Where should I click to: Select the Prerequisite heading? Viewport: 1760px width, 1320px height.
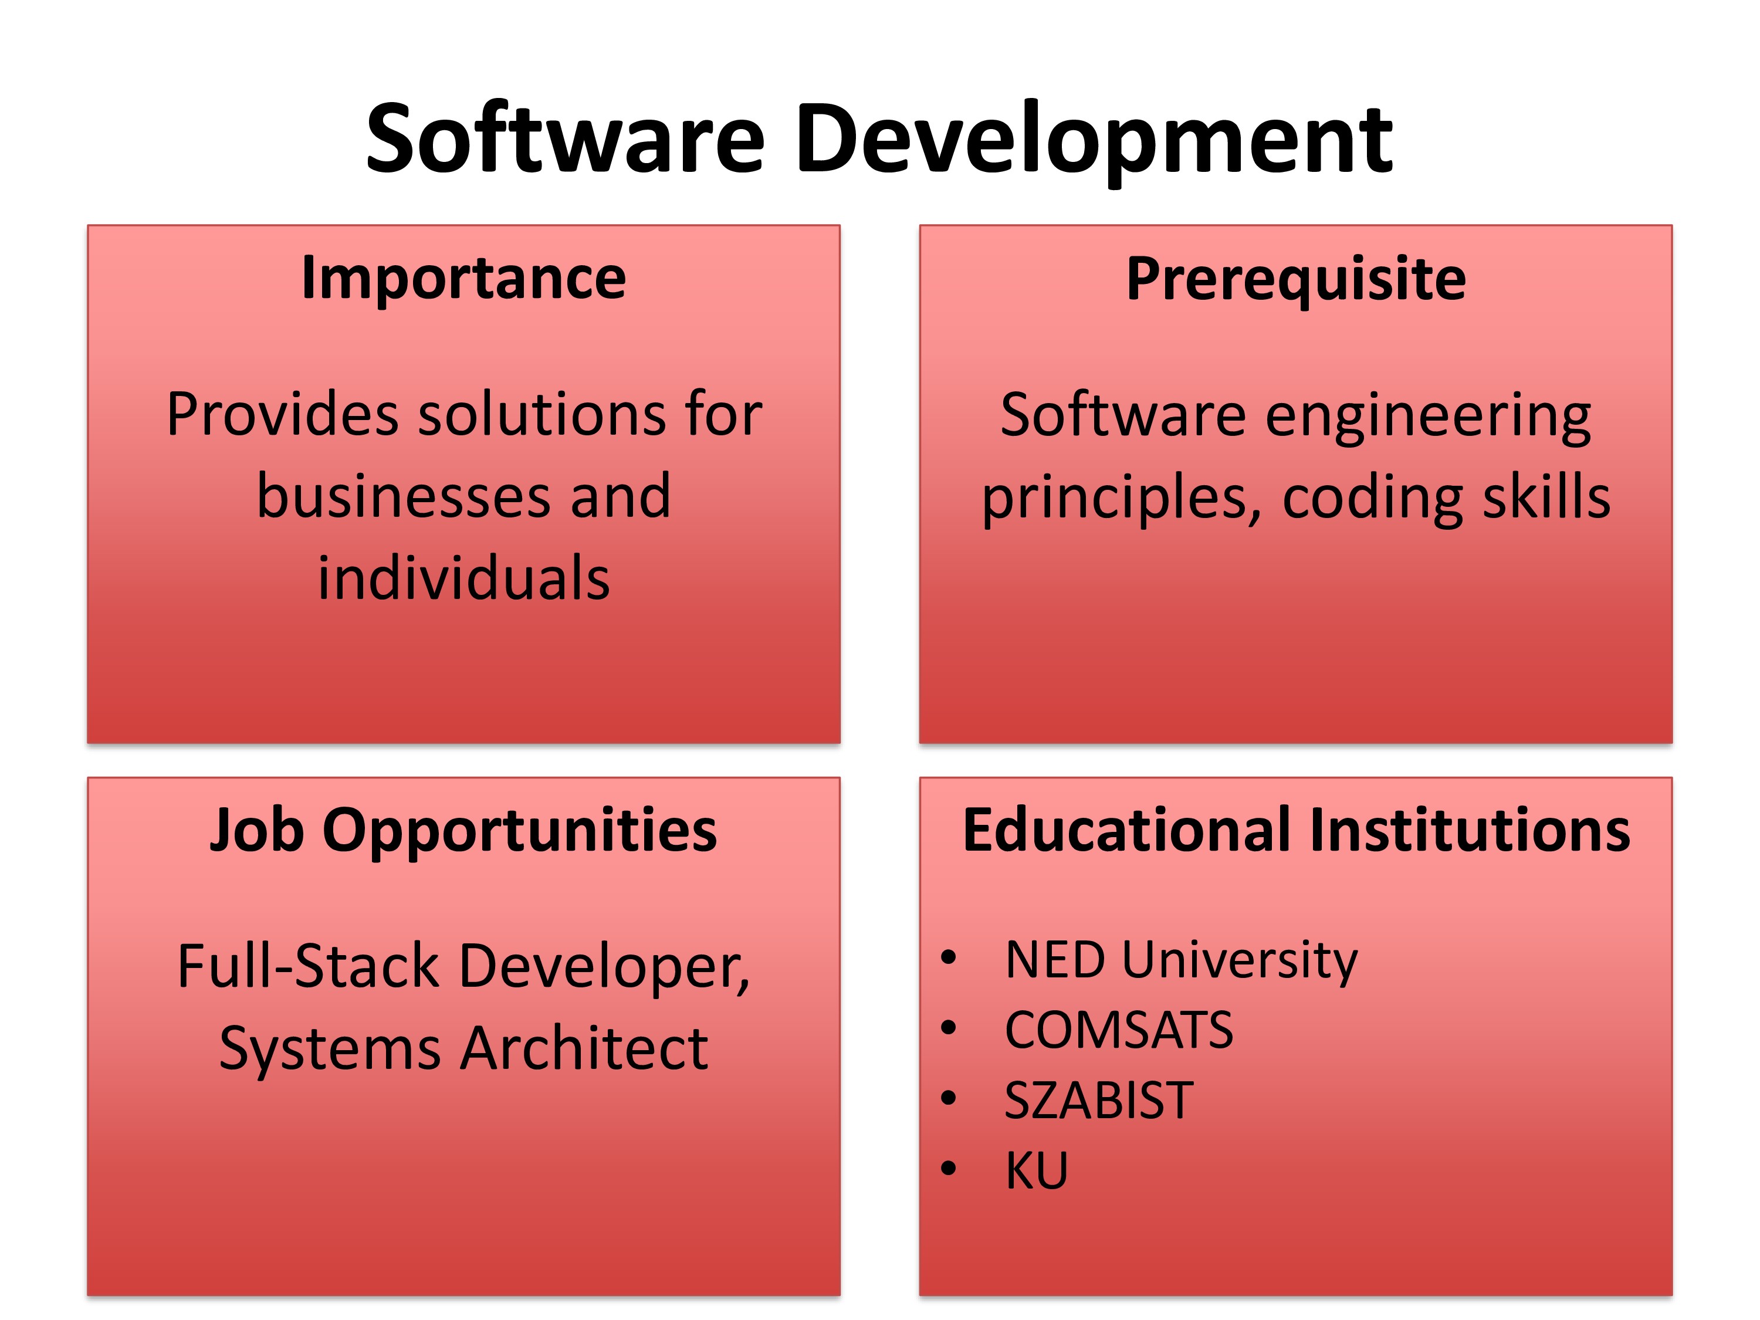click(1296, 280)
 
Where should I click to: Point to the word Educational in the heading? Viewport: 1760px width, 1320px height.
click(1128, 830)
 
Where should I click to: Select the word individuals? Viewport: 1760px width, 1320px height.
click(464, 578)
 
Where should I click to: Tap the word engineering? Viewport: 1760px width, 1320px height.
click(1428, 418)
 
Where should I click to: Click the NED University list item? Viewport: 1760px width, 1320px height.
click(1182, 961)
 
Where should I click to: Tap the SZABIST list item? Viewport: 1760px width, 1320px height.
click(1099, 1101)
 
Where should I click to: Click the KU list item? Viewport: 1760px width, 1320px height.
click(1036, 1170)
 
